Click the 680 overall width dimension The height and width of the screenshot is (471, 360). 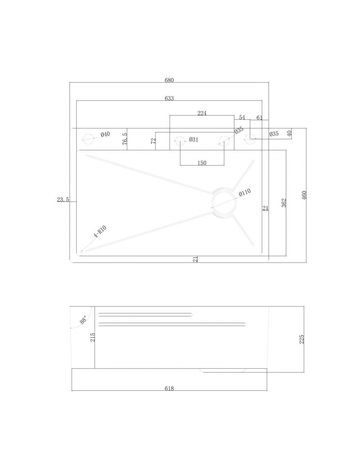169,80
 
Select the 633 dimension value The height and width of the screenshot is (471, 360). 169,98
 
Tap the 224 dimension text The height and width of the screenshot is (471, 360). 202,113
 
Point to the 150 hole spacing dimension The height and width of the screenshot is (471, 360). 202,163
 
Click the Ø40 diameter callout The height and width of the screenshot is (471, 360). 105,135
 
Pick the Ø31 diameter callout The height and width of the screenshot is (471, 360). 194,140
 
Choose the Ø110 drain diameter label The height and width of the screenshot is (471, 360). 244,192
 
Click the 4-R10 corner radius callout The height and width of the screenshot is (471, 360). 100,232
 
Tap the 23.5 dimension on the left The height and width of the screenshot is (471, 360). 63,200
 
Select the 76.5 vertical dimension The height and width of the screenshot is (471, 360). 125,139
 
